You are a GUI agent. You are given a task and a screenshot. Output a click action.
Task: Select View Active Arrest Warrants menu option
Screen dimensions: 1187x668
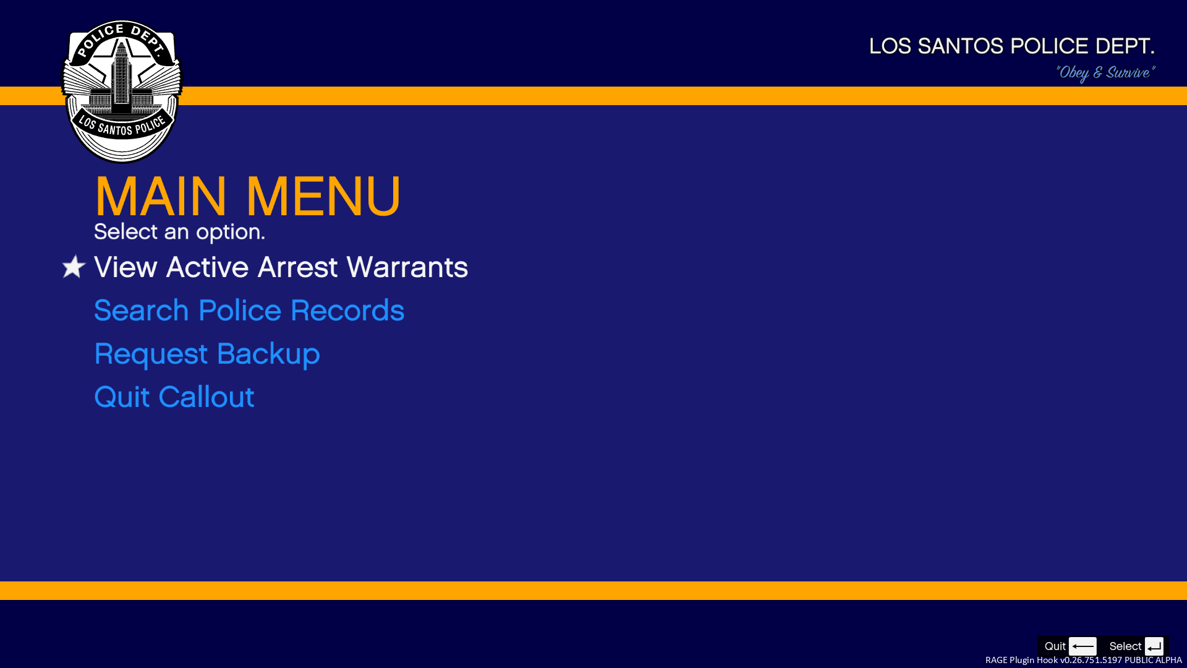pyautogui.click(x=281, y=267)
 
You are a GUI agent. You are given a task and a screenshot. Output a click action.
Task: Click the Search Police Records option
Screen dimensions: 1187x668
pyautogui.click(x=249, y=310)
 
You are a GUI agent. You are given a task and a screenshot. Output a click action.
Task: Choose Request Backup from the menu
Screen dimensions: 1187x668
pyautogui.click(x=207, y=354)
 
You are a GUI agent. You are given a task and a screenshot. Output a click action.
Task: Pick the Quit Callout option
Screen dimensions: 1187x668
pyautogui.click(x=174, y=397)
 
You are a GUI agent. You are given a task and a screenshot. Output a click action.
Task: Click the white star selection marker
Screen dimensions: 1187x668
pyautogui.click(x=74, y=267)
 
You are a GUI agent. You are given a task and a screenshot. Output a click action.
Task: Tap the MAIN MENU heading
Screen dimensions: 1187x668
pyautogui.click(x=248, y=197)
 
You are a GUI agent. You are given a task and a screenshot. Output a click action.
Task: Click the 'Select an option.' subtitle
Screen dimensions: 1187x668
pyautogui.click(x=179, y=232)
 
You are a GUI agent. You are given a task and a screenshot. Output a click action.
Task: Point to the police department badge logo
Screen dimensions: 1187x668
pyautogui.click(x=122, y=92)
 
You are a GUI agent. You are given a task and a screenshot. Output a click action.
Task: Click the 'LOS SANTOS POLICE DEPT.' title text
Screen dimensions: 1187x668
pyautogui.click(x=1012, y=46)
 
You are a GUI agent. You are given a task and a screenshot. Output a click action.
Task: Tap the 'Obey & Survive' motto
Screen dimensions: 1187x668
pyautogui.click(x=1105, y=73)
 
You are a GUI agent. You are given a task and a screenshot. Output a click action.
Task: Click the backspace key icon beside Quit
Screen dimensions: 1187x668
pyautogui.click(x=1083, y=646)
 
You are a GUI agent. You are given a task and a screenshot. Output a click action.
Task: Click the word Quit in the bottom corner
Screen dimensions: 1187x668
pyautogui.click(x=1055, y=646)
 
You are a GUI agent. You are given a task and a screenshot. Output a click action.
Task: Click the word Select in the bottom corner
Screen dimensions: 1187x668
pyautogui.click(x=1125, y=646)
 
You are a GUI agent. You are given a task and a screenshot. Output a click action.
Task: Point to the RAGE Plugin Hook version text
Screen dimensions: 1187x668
pyautogui.click(x=1084, y=660)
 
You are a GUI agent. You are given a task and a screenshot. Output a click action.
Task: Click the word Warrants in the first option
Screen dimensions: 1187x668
pyautogui.click(x=407, y=267)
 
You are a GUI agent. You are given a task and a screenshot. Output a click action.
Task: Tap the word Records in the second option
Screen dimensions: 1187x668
pyautogui.click(x=347, y=310)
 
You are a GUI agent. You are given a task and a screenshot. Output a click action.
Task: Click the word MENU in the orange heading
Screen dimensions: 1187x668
pyautogui.click(x=323, y=197)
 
